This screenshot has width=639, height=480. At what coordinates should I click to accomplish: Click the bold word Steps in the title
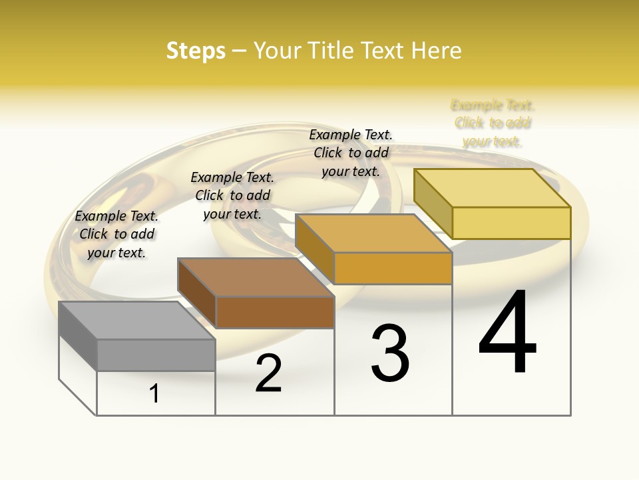tap(196, 51)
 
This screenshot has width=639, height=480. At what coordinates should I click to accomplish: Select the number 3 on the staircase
tap(390, 353)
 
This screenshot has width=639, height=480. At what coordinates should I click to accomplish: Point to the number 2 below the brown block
tap(268, 373)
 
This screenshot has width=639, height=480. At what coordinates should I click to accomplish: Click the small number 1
tap(154, 393)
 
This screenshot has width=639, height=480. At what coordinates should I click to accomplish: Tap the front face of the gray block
tap(156, 355)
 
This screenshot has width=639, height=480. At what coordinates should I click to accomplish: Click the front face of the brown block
tap(275, 312)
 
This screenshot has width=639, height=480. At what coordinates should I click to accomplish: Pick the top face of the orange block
tap(373, 233)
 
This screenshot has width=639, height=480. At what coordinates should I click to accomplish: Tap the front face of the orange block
tap(393, 268)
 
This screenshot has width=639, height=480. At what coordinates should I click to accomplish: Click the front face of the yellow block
tap(511, 223)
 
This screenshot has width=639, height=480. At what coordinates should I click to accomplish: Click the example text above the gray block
tap(116, 234)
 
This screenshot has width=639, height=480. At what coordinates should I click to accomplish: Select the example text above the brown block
tap(232, 195)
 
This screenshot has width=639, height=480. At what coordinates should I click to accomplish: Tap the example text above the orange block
tap(351, 153)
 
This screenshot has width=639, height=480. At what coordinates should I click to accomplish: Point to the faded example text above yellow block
tap(493, 123)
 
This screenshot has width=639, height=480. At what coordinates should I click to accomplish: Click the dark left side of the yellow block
tap(433, 204)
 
